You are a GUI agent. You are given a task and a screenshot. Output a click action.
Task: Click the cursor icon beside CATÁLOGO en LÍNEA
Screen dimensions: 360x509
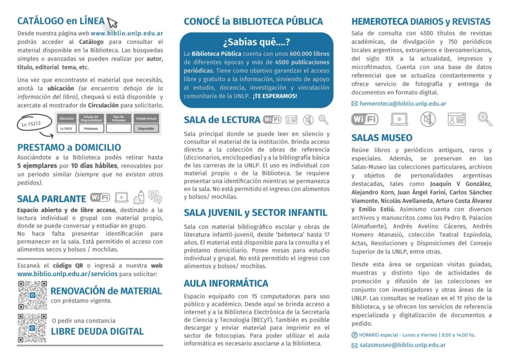coord(112,22)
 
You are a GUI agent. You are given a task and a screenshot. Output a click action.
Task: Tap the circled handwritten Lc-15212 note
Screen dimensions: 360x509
coord(30,123)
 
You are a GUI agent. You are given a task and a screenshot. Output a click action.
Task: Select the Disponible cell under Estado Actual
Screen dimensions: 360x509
coord(146,128)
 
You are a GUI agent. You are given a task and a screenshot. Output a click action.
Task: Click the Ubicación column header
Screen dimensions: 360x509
coord(67,118)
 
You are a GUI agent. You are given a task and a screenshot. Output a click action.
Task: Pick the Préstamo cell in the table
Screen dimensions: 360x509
coord(91,128)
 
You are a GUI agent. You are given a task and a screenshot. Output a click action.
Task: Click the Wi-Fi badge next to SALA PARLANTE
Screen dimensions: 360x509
coord(100,197)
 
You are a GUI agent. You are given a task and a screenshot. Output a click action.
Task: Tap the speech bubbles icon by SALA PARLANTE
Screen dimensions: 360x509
coord(155,197)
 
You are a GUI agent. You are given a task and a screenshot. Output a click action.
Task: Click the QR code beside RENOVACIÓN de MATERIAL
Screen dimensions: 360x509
coord(32,295)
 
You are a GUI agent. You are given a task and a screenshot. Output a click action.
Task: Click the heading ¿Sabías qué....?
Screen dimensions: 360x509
coord(256,42)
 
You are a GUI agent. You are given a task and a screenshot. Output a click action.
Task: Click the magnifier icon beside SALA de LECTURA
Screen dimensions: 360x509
coord(324,119)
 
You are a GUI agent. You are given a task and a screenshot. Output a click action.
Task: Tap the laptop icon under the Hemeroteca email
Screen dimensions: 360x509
coord(399,119)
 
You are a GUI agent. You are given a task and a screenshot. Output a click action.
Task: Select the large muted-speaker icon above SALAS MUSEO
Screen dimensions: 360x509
coord(427,119)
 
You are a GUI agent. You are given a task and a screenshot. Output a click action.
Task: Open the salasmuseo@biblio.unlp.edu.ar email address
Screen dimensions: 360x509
coord(402,345)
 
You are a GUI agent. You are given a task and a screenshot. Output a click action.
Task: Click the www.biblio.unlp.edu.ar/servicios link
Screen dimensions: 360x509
coord(68,273)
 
